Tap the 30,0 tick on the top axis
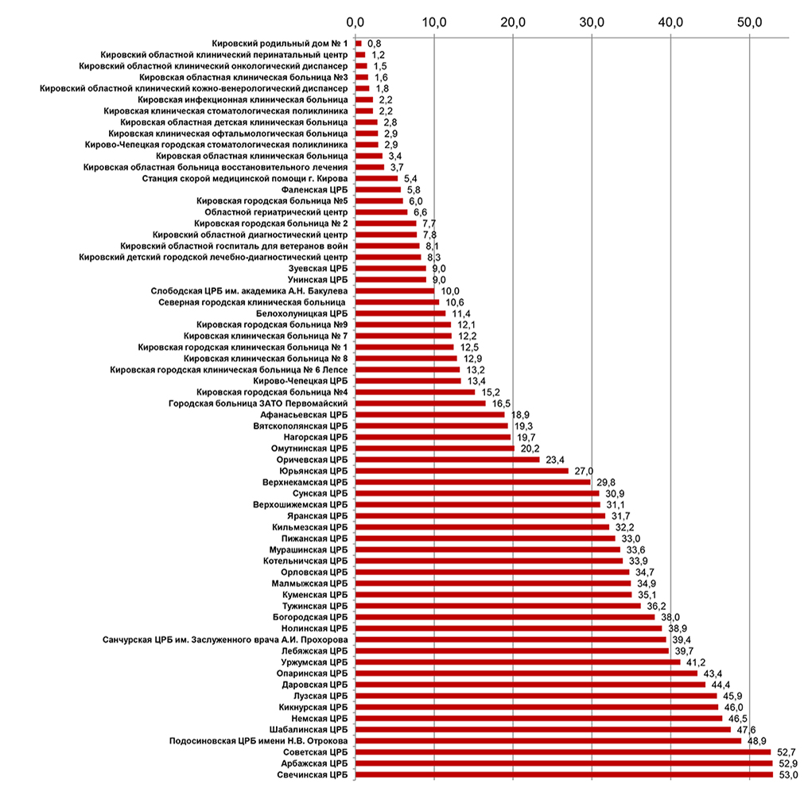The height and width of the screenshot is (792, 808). pyautogui.click(x=591, y=21)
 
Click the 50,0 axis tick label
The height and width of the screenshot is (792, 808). pyautogui.click(x=749, y=21)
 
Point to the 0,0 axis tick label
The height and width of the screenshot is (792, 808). pyautogui.click(x=355, y=21)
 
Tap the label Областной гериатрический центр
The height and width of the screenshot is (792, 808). pyautogui.click(x=276, y=212)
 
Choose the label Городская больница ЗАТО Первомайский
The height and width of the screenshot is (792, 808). pyautogui.click(x=258, y=403)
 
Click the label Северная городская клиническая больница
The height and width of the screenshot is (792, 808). pyautogui.click(x=251, y=303)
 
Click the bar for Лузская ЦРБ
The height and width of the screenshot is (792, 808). pyautogui.click(x=536, y=695)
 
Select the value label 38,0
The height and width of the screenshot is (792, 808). pyautogui.click(x=670, y=616)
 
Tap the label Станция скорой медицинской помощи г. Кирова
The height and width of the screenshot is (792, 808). pyautogui.click(x=245, y=179)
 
